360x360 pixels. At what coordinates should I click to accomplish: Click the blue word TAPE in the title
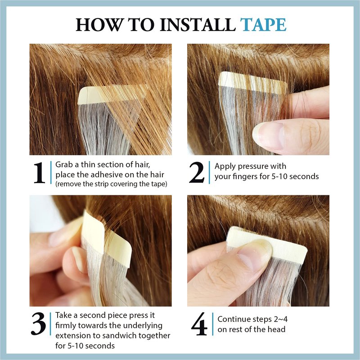click(263, 25)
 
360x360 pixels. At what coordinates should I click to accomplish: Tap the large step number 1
click(39, 173)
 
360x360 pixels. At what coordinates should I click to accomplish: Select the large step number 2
click(197, 172)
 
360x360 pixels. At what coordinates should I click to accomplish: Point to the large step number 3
click(38, 324)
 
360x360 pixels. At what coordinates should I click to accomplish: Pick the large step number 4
click(199, 324)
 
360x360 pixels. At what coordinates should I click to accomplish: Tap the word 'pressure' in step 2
click(253, 166)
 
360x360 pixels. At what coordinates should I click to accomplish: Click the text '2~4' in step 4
click(280, 319)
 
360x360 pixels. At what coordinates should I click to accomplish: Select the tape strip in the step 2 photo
click(252, 82)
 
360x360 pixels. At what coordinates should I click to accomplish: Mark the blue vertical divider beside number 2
click(209, 172)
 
